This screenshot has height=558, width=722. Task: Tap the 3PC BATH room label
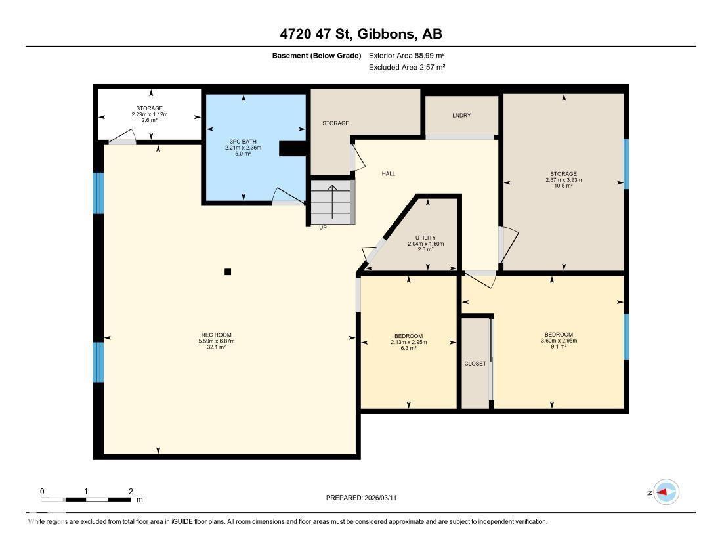243,141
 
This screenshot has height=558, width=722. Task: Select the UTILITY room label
425,238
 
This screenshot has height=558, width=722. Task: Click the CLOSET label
475,364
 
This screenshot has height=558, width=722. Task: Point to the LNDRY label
461,116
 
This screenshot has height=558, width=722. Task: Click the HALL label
389,174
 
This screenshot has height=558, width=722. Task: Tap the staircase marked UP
331,204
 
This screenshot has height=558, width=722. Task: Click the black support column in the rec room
228,272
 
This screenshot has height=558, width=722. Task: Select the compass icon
666,492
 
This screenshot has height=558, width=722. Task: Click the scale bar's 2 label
131,491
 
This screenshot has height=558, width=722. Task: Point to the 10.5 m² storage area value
564,186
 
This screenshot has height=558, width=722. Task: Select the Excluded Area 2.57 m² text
407,67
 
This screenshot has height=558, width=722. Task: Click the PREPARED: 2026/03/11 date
361,498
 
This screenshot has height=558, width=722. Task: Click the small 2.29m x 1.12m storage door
123,137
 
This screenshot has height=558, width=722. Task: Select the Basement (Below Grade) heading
316,56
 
